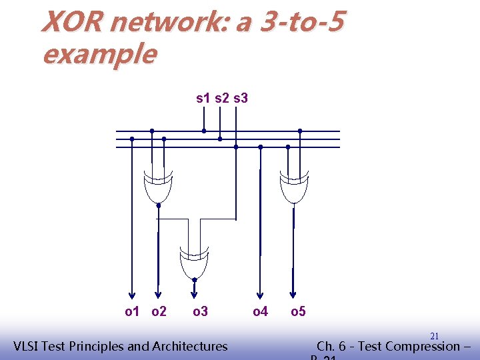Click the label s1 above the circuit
coord(203,99)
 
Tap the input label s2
coord(221,99)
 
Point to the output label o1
coord(133,311)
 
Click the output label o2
coord(159,311)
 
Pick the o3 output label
coord(200,311)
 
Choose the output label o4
coord(260,311)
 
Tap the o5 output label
coord(298,311)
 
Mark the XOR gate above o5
coord(294,187)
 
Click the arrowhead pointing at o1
coord(132,295)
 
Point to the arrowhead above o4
coord(260,295)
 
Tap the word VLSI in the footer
coord(27,346)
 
